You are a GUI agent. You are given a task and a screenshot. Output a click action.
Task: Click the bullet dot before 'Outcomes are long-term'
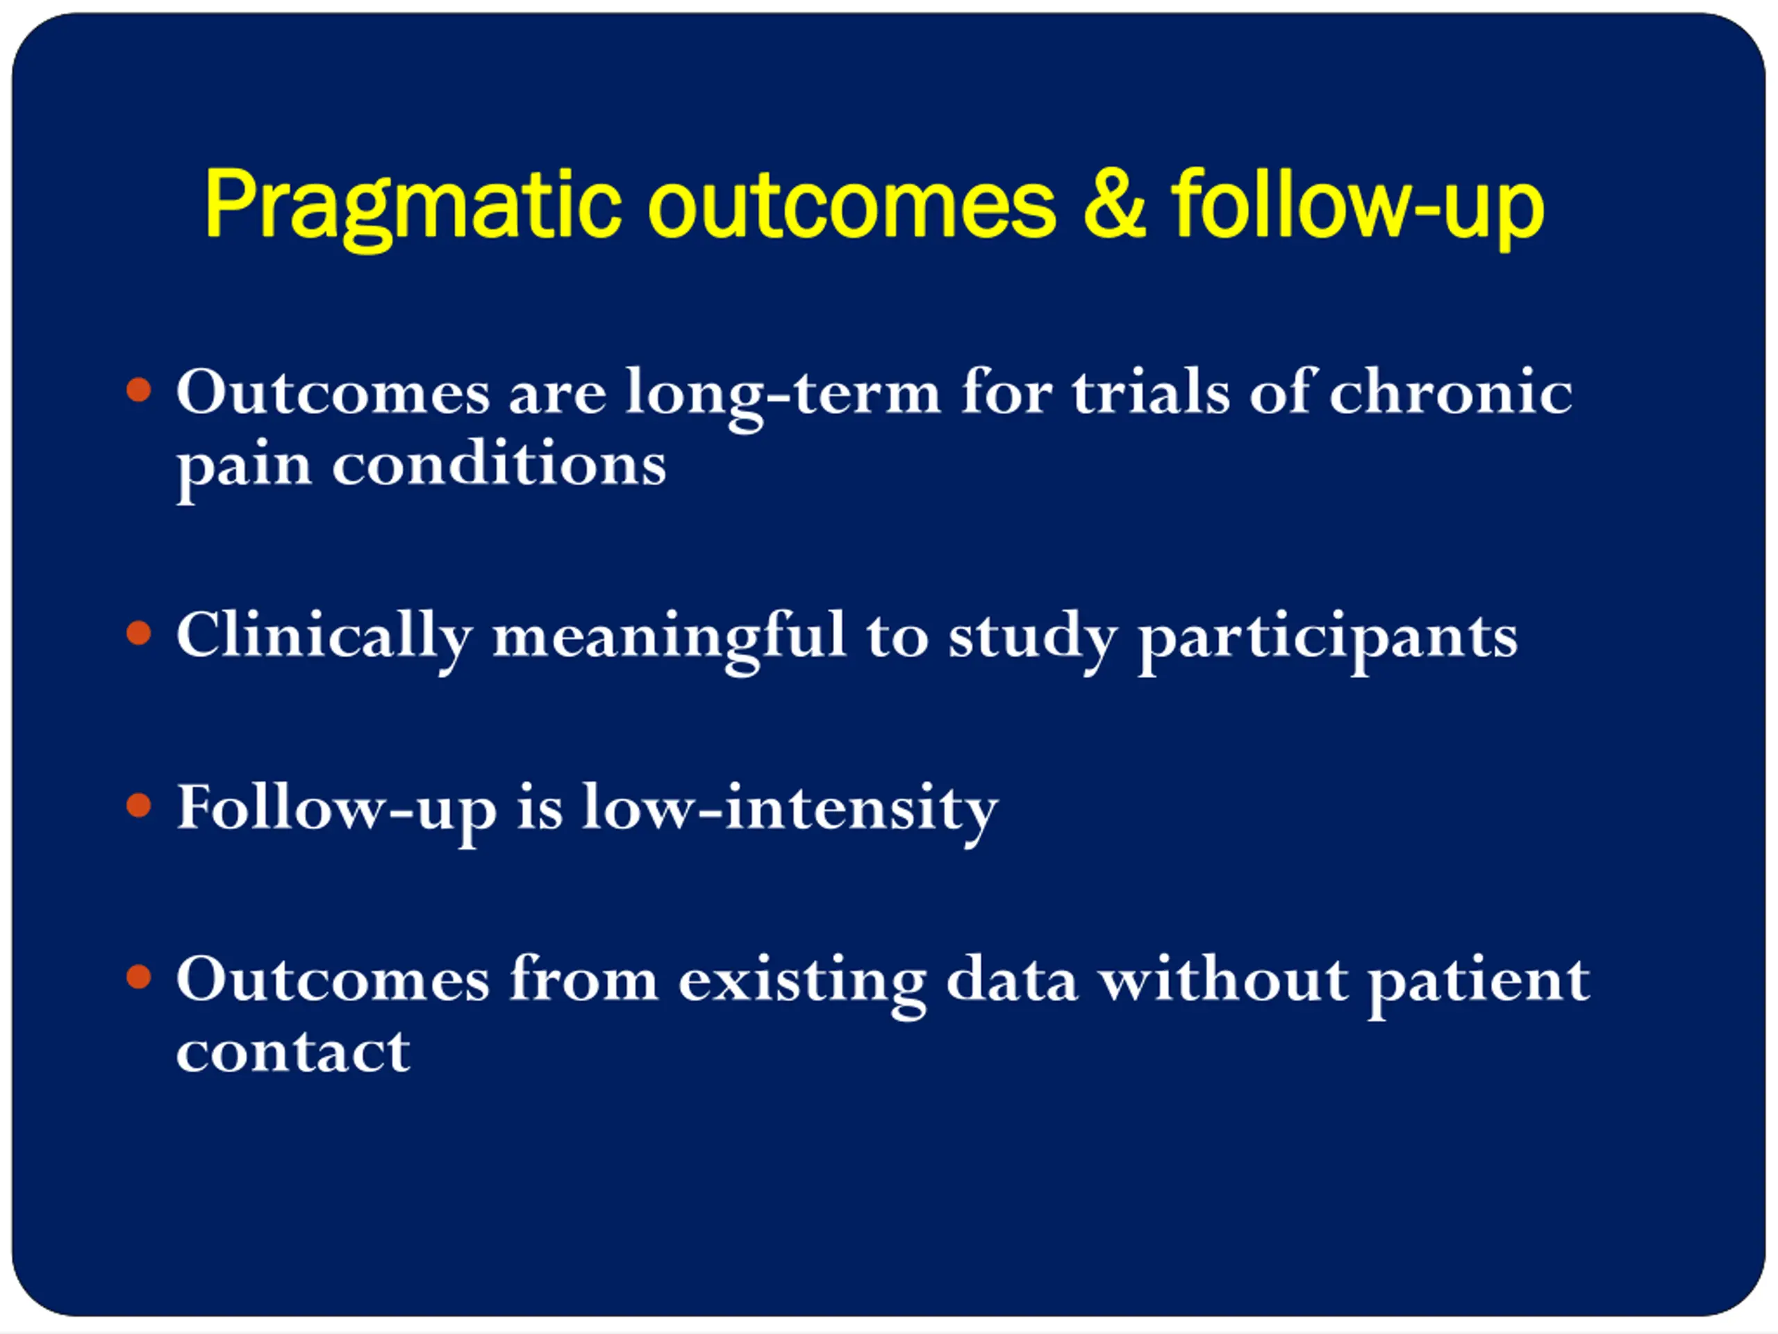point(139,390)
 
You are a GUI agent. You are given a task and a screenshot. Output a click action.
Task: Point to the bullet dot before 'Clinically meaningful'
point(139,633)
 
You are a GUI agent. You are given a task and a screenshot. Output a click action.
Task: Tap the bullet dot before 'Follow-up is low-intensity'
point(139,805)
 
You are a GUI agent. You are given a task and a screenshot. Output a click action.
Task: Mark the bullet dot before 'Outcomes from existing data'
point(139,977)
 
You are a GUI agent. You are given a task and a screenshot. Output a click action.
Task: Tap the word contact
point(293,1052)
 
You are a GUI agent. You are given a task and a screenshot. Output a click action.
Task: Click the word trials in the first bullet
point(1150,392)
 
